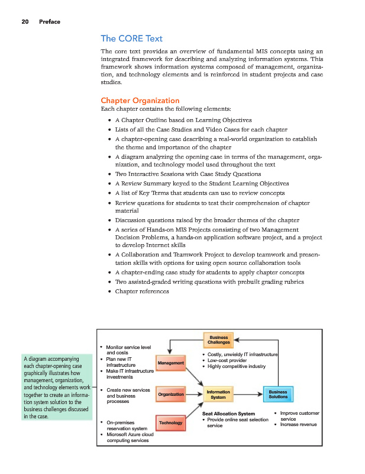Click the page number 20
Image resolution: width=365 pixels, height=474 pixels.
(25, 23)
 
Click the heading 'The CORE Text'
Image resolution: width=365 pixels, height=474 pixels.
(132, 39)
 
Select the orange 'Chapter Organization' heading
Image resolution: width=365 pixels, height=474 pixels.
(140, 100)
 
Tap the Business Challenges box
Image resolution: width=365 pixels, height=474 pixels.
(219, 339)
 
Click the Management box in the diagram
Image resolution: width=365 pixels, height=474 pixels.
(170, 363)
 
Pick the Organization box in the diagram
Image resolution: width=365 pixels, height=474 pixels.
(170, 394)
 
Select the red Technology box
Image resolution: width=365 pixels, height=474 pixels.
(170, 423)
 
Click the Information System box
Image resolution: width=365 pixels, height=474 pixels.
(219, 394)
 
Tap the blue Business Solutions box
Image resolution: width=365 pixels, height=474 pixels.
(277, 394)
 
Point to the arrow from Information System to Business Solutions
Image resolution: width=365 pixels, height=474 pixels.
(249, 394)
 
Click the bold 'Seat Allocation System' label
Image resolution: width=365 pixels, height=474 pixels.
(228, 414)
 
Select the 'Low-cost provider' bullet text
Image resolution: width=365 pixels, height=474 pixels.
(227, 360)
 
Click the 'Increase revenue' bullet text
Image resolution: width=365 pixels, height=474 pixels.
(298, 425)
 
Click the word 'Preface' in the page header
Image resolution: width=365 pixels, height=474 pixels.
(49, 23)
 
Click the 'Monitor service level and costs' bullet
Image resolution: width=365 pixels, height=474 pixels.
(128, 350)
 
